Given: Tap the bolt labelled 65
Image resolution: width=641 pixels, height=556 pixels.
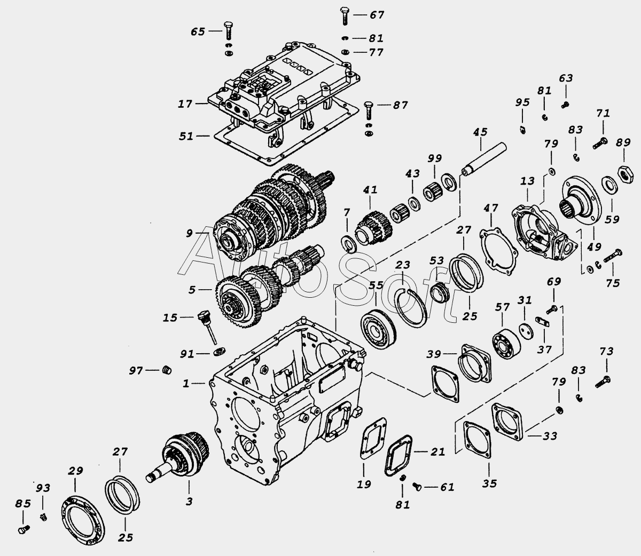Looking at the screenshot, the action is (x=229, y=30).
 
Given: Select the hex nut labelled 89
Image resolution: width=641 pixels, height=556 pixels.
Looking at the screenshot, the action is (x=626, y=174).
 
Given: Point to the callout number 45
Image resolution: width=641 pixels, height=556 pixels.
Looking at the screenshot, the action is (x=480, y=132).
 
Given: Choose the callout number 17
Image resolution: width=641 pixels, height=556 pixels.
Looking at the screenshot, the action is (x=185, y=104).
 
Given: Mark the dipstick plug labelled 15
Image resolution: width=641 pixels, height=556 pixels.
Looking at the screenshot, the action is (x=207, y=327).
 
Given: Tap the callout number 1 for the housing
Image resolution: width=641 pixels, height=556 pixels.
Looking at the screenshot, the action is (x=186, y=383).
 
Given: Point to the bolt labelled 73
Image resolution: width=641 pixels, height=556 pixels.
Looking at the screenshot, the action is (x=603, y=382).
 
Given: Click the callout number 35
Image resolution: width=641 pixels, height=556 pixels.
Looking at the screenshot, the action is (x=489, y=483).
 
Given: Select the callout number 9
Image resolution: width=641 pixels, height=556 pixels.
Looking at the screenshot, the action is (x=189, y=233).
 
